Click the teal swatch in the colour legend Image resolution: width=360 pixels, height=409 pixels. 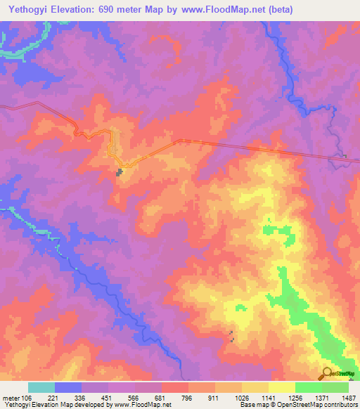[x=41, y=387]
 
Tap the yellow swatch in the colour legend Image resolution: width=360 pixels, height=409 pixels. [x=282, y=387]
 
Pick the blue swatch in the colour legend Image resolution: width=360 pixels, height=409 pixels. [x=68, y=387]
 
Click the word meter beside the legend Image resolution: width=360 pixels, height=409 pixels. [x=11, y=398]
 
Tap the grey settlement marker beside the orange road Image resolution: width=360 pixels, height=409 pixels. [x=120, y=171]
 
